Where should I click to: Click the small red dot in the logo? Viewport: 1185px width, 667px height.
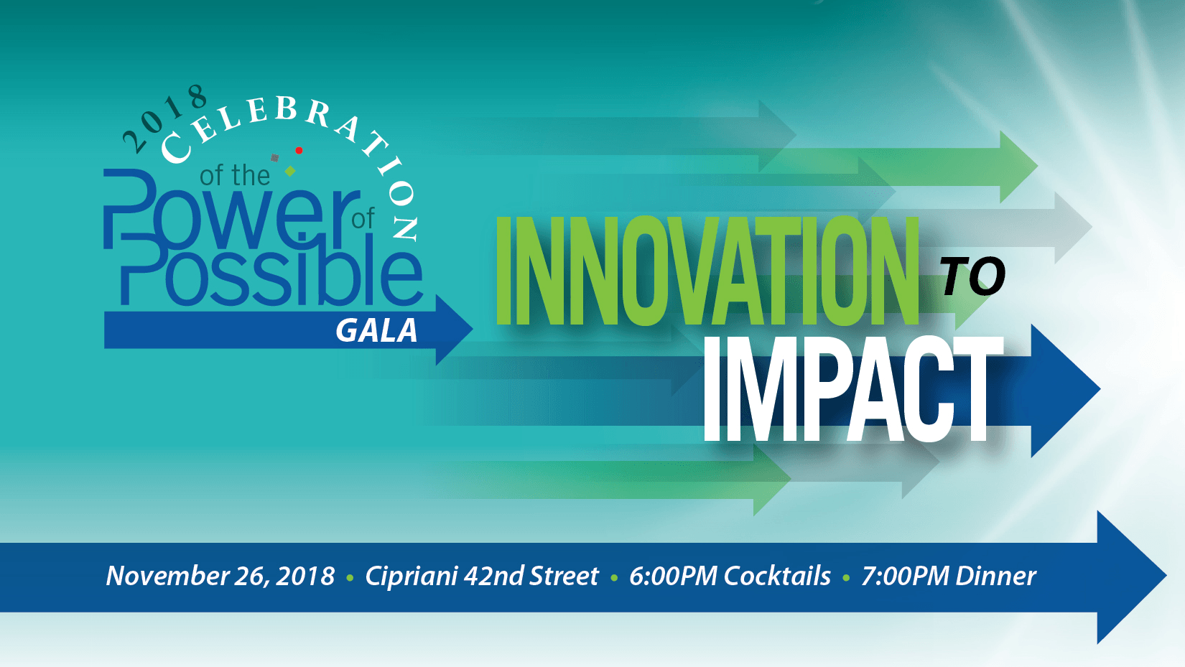pyautogui.click(x=299, y=151)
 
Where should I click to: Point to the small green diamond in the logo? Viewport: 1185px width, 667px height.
pyautogui.click(x=290, y=171)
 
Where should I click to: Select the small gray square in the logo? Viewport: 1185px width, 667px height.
pyautogui.click(x=274, y=158)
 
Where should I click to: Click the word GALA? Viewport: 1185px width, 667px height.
pyautogui.click(x=376, y=331)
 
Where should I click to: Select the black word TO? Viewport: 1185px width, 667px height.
pyautogui.click(x=973, y=276)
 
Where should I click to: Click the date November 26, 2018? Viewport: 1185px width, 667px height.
pyautogui.click(x=220, y=576)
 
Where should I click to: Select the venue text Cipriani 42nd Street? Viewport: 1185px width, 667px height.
pyautogui.click(x=481, y=576)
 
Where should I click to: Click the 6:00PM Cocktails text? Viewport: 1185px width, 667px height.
pyautogui.click(x=730, y=576)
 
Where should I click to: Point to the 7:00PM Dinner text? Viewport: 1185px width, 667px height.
pyautogui.click(x=949, y=576)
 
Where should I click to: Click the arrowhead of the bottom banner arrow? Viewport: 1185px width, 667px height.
pyautogui.click(x=1131, y=577)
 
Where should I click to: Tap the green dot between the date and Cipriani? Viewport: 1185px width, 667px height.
pyautogui.click(x=350, y=578)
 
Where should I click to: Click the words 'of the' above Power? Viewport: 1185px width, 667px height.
pyautogui.click(x=235, y=175)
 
